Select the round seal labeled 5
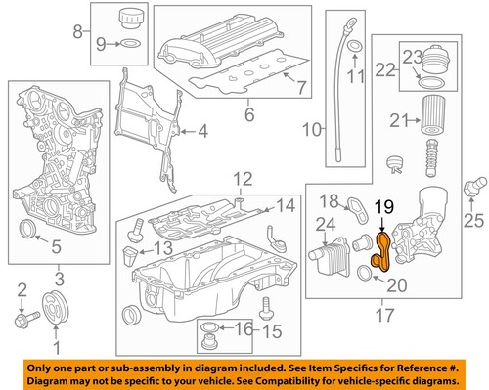click(32, 230)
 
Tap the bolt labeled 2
click(22, 318)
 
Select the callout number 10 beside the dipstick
click(313, 130)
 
